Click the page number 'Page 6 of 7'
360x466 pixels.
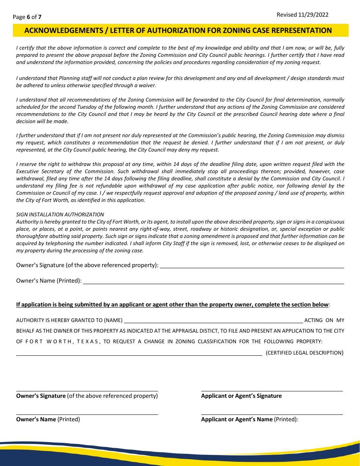[27, 17]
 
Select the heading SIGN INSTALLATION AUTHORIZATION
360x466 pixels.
[60, 214]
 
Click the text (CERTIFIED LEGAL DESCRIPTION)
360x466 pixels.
[304, 353]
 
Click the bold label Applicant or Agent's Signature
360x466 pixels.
[241, 396]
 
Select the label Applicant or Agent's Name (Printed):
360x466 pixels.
[249, 419]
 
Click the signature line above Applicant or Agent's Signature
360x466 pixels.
[272, 391]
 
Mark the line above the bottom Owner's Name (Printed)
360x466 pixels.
[87, 414]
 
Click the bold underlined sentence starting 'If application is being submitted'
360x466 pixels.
[172, 305]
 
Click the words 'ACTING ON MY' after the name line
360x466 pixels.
[324, 320]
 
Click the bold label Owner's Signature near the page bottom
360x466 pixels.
[41, 396]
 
